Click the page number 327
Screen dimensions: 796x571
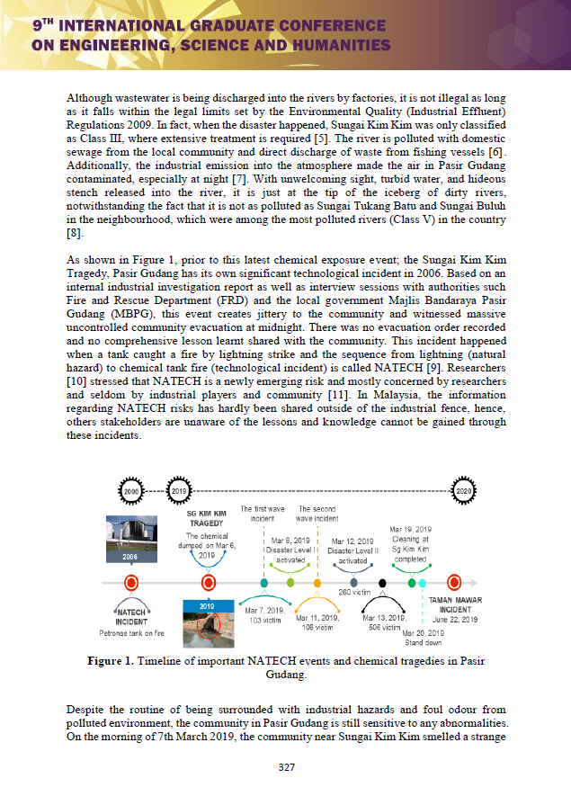pos(285,766)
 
